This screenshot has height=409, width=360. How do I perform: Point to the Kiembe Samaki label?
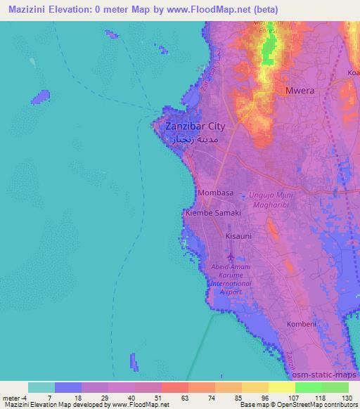(x=212, y=212)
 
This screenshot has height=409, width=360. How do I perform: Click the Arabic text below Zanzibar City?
(x=195, y=140)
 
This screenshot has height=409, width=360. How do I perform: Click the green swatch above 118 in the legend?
(x=309, y=387)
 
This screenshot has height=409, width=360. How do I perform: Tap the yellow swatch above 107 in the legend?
(x=282, y=387)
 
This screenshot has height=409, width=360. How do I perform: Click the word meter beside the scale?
(x=11, y=397)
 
